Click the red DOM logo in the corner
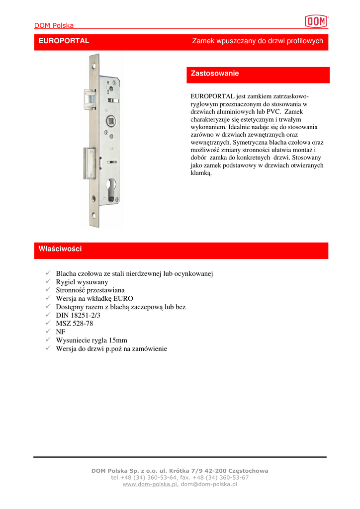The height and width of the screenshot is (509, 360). (316, 21)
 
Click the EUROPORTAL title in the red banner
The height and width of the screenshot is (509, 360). (64, 41)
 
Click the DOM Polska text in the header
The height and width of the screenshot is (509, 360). (54, 25)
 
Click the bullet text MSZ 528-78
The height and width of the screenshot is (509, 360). (75, 324)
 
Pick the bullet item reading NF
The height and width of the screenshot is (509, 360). (61, 332)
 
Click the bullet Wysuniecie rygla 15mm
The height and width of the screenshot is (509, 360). (91, 340)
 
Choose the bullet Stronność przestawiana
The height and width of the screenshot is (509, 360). (90, 290)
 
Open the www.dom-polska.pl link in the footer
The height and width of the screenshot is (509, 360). (150, 484)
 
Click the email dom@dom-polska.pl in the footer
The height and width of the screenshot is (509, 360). (209, 484)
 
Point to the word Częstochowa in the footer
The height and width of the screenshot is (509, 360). (246, 471)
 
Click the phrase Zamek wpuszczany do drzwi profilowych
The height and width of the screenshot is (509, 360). (258, 41)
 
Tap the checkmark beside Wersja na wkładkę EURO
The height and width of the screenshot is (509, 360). (48, 298)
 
